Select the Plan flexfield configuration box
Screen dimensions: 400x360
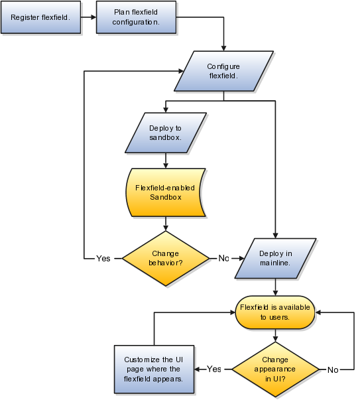(137, 17)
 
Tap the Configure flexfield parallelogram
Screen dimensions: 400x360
(223, 71)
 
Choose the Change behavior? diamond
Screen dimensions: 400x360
(166, 258)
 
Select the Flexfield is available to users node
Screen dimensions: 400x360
(274, 312)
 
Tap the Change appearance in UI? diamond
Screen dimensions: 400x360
(274, 368)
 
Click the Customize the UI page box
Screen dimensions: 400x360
(153, 369)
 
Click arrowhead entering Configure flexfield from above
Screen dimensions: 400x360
(224, 47)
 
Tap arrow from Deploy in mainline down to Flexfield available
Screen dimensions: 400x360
(274, 289)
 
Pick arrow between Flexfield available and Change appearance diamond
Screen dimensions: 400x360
(274, 337)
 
